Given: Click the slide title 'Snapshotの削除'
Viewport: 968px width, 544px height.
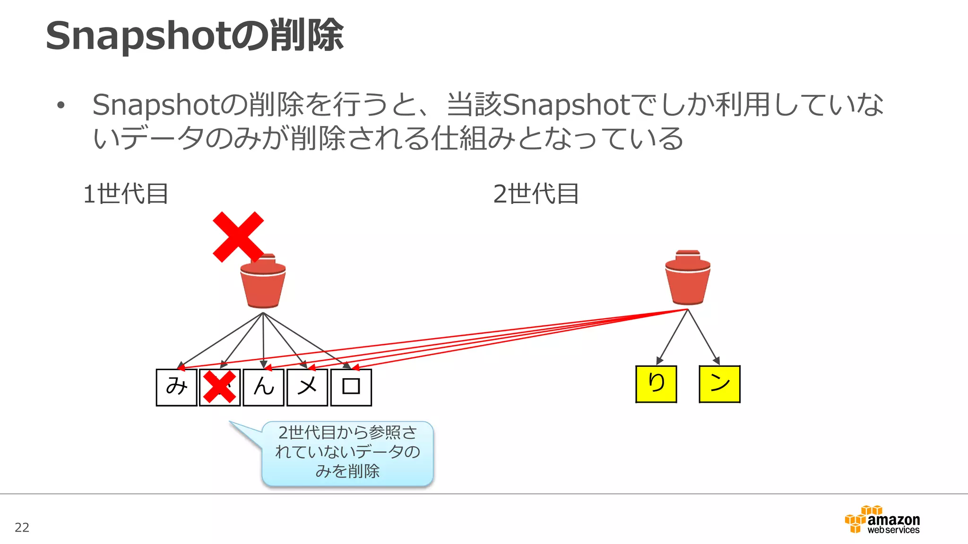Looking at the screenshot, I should pos(194,35).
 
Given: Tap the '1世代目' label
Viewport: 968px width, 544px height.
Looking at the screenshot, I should pos(126,194).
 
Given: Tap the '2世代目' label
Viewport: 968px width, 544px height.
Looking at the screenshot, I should pos(536,194).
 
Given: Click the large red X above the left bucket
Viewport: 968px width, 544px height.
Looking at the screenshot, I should pos(238,237).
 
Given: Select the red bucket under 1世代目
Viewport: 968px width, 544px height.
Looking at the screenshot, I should pos(263,282).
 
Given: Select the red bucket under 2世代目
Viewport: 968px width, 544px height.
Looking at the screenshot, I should pos(688,279).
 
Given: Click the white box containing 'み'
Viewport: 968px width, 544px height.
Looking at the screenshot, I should pos(176,387).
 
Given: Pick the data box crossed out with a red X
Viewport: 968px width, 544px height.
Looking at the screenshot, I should pos(220,387).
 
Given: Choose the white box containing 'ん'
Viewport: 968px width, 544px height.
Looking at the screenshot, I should pos(263,387).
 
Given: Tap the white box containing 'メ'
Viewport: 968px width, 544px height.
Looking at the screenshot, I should pos(307,387).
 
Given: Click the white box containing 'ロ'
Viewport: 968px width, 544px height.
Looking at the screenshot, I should pos(351,387).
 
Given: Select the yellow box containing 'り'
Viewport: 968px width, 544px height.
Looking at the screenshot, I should pos(656,384).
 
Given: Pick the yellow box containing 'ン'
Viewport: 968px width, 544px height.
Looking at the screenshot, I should pos(719,384).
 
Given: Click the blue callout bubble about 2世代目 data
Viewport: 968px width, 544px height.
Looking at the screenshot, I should pos(347,452).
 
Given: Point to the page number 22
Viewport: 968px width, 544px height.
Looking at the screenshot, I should pos(22,527).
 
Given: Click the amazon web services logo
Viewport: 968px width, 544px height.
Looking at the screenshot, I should pos(882,520).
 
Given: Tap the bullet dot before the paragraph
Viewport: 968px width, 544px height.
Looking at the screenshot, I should pos(60,105).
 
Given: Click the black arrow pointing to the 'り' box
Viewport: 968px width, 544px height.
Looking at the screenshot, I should pos(672,336).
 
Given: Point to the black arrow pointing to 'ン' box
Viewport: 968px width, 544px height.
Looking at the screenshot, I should pos(704,336).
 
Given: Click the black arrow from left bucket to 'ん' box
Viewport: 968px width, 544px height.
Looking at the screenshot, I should pos(263,340).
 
